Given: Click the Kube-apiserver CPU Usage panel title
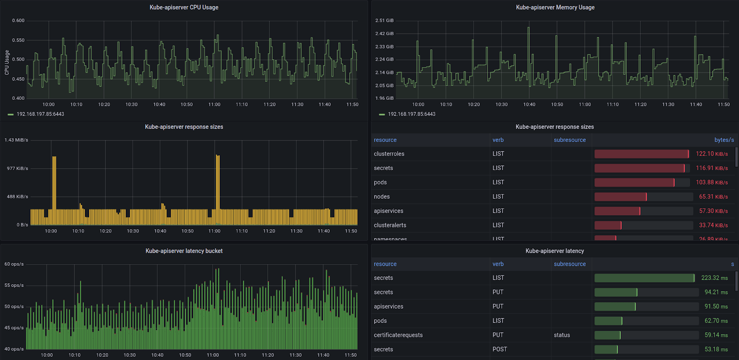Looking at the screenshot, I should coord(184,7).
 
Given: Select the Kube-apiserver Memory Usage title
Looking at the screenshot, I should coord(555,7).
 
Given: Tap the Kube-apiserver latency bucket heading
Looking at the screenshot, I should coord(184,251).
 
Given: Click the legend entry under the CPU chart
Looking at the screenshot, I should coord(40,114).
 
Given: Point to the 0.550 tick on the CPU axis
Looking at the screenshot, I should coord(18,40).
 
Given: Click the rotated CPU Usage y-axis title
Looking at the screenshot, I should coord(7,62).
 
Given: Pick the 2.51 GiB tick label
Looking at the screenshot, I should coord(384,21).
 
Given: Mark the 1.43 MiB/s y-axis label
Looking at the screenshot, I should coord(16,140).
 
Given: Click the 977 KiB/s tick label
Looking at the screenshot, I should coord(18,169).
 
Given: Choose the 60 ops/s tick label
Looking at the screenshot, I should coord(14,264).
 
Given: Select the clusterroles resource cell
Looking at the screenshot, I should coord(389,154).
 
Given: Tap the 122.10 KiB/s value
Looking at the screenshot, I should coord(712,154).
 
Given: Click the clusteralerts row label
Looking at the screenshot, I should coord(390,226).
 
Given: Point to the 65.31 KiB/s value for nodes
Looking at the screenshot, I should coord(713,197).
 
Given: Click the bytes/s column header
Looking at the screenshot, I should coord(724,140).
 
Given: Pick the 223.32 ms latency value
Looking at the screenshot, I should coord(714,278).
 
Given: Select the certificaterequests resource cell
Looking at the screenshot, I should coord(398,335).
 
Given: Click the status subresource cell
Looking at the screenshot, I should coord(562,335).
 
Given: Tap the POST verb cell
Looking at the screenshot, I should coord(499,349).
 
